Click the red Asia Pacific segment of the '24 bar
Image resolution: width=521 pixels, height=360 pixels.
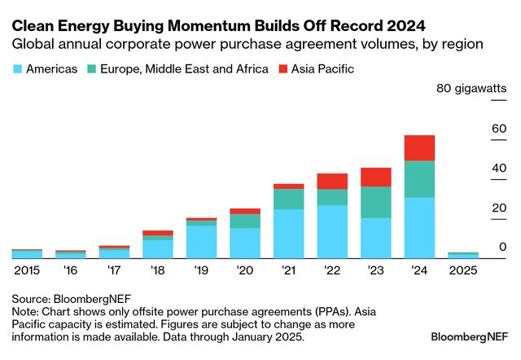(419, 147)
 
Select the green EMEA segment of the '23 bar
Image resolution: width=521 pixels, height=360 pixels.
(375, 202)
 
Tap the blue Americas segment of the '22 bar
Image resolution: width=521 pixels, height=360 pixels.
(331, 231)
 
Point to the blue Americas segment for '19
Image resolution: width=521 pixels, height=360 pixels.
(201, 241)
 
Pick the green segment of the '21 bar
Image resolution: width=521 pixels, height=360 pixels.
(288, 199)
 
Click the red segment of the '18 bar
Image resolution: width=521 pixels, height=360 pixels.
(157, 233)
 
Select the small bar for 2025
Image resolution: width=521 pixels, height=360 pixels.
(462, 255)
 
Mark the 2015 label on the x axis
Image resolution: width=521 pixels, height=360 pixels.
(27, 270)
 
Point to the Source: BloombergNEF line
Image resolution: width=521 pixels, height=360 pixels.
(72, 298)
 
